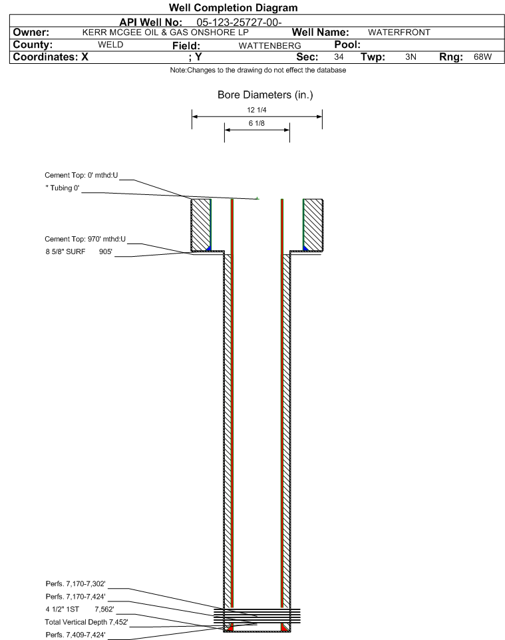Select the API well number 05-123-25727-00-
[239, 23]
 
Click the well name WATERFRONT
[399, 33]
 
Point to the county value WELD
[110, 45]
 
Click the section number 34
[339, 57]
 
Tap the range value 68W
[482, 57]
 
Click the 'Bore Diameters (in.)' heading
[265, 95]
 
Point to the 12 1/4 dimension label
[256, 110]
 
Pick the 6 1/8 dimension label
[256, 123]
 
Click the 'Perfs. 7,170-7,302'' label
[75, 583]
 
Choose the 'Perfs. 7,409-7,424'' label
[75, 634]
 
